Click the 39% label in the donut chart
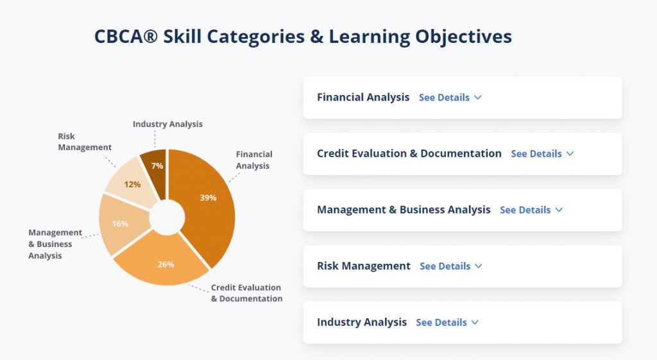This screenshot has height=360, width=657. (208, 198)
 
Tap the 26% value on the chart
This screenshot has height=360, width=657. (166, 264)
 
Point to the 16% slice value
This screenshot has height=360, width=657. (120, 224)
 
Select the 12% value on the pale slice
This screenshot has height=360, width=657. (132, 184)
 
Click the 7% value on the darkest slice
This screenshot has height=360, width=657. (157, 166)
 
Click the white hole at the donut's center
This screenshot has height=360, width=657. (167, 218)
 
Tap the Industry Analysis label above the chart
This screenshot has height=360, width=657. (167, 124)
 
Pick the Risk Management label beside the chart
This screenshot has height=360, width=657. (85, 142)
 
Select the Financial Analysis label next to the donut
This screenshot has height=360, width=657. (254, 160)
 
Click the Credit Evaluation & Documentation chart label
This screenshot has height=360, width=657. (246, 293)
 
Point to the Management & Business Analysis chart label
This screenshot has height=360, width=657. (55, 244)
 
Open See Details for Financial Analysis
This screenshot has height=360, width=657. (450, 98)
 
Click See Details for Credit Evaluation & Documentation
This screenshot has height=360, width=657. (542, 154)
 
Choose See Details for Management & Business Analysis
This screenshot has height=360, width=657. (531, 210)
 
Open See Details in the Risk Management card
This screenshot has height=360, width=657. (451, 266)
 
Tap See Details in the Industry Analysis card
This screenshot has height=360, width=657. (447, 322)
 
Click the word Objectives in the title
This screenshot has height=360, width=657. (463, 37)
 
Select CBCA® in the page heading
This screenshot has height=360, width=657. (126, 37)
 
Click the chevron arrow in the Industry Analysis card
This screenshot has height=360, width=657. (475, 322)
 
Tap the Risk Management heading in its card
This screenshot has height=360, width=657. (364, 266)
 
